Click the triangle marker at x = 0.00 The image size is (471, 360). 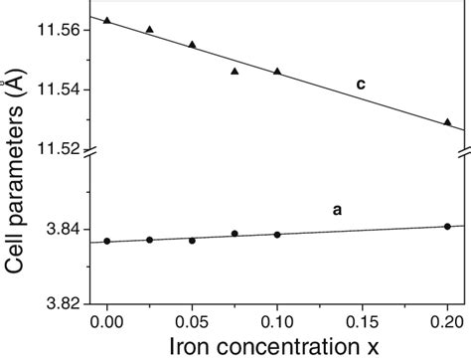tap(107, 20)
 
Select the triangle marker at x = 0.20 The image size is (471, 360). tap(447, 121)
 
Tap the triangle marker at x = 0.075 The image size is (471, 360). tap(235, 71)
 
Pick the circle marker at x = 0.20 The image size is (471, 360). tap(447, 227)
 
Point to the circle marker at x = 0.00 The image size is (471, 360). tap(107, 241)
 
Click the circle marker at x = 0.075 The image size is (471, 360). tap(235, 234)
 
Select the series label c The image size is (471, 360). tap(362, 86)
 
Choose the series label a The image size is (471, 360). tap(338, 210)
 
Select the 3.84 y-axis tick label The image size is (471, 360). tap(68, 230)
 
